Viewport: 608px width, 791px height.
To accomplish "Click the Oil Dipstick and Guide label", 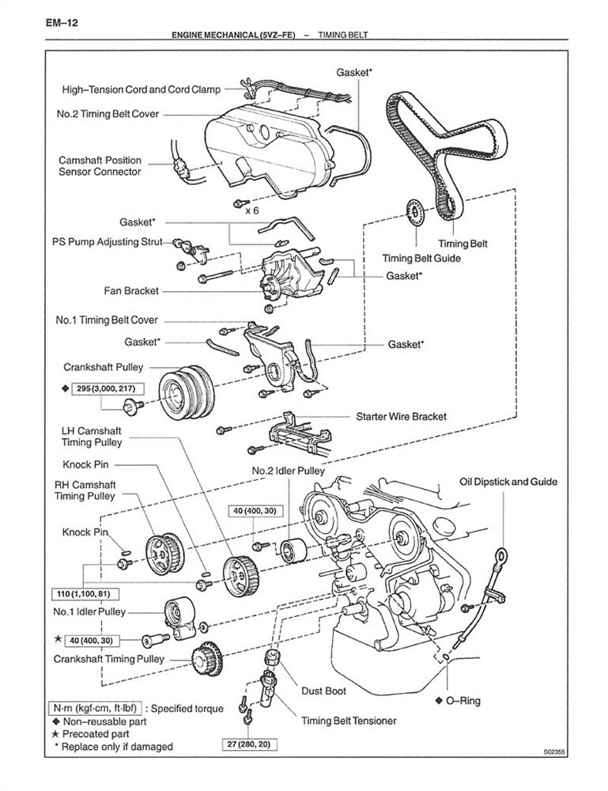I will coord(508,481).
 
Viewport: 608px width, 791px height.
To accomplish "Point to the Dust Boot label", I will coord(325,691).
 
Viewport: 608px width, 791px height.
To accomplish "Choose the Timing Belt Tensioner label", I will coord(349,721).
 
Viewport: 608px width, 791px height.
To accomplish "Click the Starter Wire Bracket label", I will coord(401,416).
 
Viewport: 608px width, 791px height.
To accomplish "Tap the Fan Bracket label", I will coord(131,291).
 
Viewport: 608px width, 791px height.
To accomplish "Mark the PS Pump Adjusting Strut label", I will coord(111,240).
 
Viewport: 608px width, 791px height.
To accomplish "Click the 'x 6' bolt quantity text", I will coord(252,210).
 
